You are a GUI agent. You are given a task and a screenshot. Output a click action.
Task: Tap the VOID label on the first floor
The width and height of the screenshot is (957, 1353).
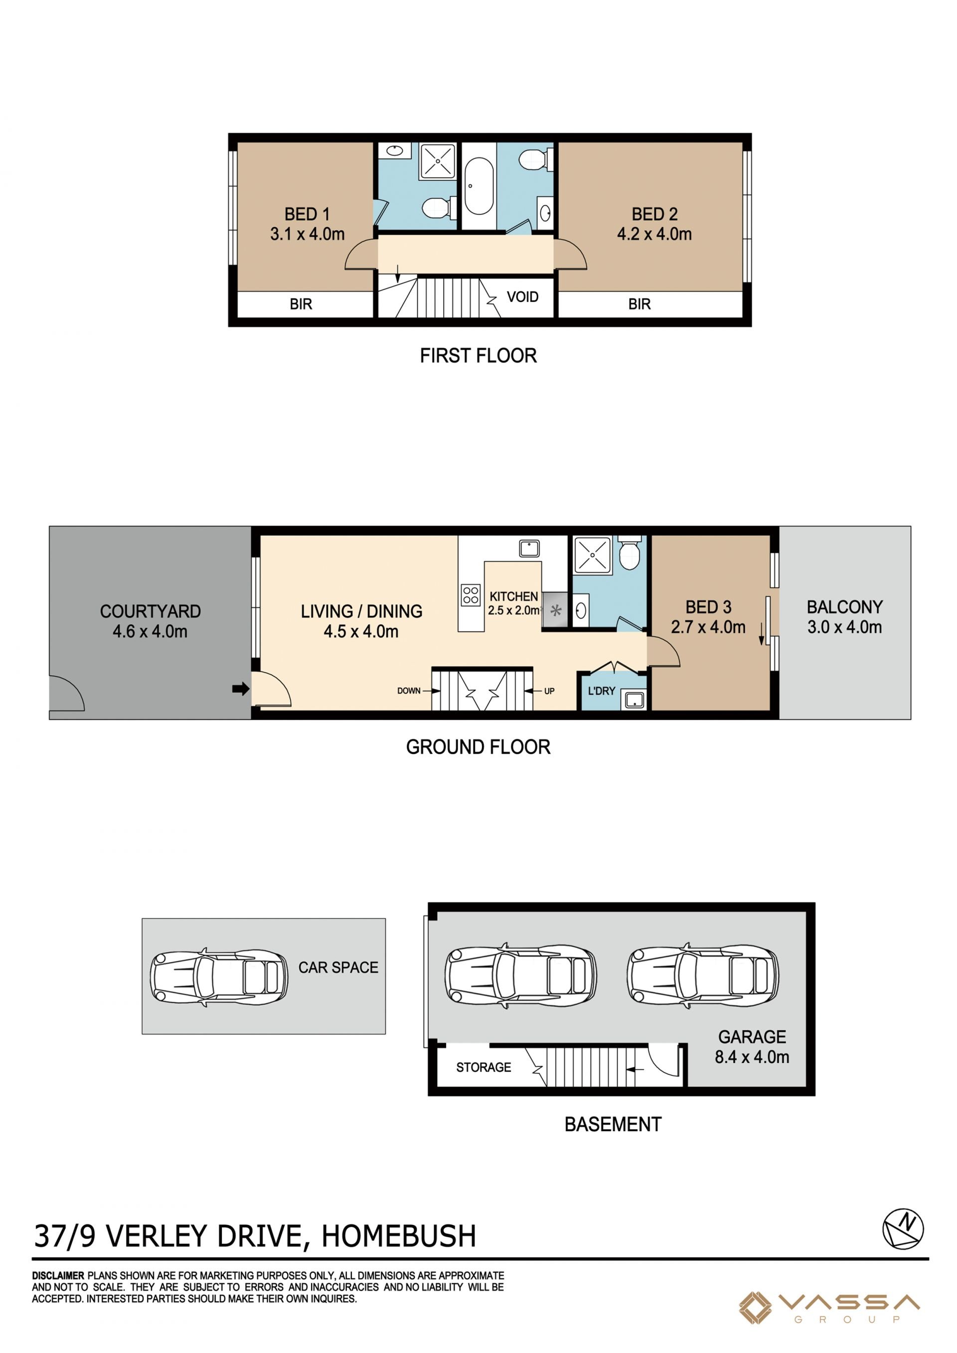523,297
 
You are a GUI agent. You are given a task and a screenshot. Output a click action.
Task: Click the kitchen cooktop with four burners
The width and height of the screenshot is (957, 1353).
471,595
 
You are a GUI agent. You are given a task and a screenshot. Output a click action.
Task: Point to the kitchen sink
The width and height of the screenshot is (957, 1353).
529,549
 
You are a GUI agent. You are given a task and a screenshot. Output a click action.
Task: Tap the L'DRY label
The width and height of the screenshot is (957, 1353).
602,691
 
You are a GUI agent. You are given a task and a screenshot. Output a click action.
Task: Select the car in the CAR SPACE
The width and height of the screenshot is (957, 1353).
219,977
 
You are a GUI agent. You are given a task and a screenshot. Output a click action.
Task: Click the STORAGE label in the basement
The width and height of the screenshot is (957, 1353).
484,1067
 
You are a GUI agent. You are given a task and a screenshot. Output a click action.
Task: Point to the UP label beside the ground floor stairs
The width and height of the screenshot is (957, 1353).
549,691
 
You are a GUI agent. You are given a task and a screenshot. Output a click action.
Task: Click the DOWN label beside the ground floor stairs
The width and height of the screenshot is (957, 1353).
409,691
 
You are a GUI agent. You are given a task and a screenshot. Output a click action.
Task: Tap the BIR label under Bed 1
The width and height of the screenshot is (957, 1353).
301,304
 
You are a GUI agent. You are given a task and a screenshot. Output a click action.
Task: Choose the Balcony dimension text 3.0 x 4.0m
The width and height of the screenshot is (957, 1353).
844,627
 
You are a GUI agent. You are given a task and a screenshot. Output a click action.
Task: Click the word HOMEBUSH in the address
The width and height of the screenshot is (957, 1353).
399,1236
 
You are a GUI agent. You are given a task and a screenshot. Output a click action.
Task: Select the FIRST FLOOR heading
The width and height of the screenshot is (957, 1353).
478,356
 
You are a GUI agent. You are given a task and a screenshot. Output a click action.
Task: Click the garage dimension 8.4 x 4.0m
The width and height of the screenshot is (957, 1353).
752,1057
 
